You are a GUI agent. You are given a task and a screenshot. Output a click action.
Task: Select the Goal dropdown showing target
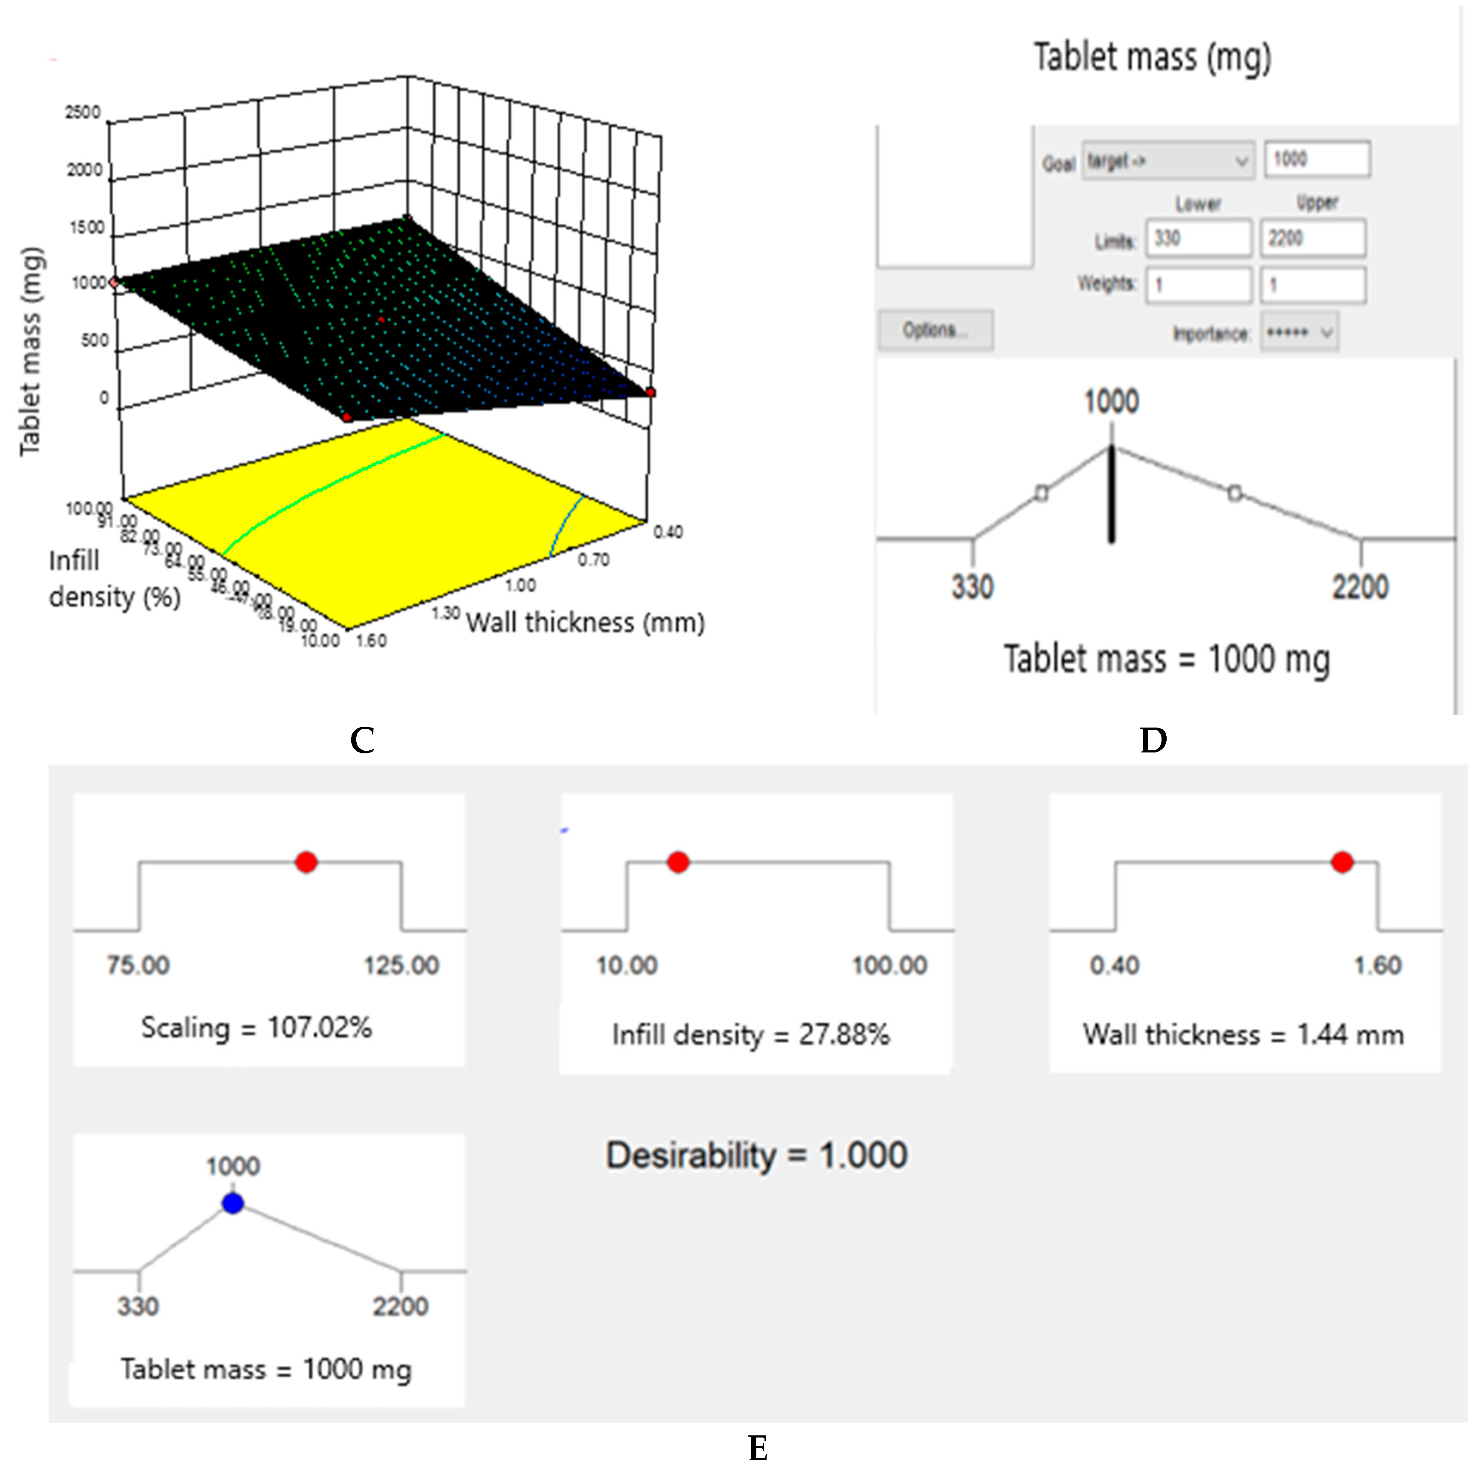(x=1168, y=161)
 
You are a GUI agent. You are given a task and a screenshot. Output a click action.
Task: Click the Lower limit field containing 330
(x=1198, y=238)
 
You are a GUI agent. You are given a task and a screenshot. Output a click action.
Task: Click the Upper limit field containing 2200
(x=1311, y=238)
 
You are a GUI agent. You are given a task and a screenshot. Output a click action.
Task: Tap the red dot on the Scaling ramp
(x=306, y=863)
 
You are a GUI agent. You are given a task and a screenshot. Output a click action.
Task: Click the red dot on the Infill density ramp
(x=678, y=863)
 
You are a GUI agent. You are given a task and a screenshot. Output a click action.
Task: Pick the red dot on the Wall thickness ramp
(x=1342, y=863)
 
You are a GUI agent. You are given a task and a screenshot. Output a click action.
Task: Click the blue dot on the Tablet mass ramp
(x=233, y=1204)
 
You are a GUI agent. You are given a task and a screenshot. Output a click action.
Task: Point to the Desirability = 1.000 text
(x=757, y=1156)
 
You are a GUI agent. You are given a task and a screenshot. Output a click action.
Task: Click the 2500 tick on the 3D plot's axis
(x=83, y=112)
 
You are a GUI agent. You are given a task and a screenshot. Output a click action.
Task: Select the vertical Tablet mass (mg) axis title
(x=30, y=351)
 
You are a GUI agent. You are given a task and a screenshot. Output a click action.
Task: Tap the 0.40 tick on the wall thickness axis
(x=668, y=532)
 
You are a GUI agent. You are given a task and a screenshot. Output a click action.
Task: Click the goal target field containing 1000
(x=1316, y=159)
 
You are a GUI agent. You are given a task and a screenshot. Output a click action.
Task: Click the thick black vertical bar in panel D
(x=1112, y=494)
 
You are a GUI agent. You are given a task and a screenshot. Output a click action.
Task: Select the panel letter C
(x=362, y=740)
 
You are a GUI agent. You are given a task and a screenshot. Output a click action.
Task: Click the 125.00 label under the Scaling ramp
(x=401, y=965)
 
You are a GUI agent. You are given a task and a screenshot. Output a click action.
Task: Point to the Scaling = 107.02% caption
(x=257, y=1028)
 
